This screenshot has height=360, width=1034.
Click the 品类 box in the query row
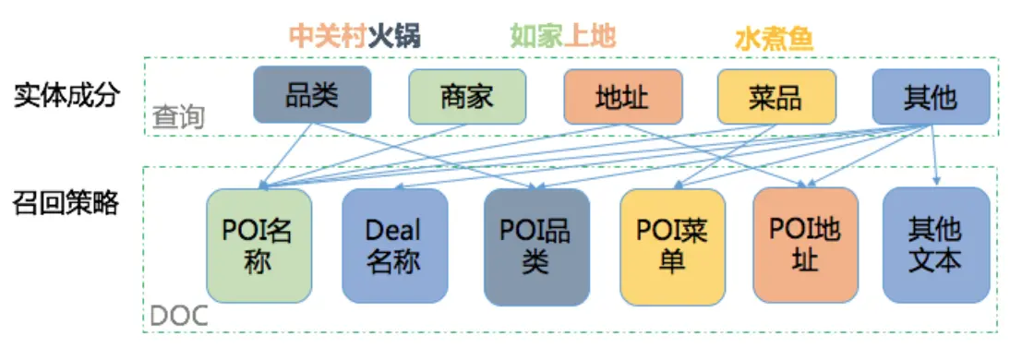[x=312, y=94]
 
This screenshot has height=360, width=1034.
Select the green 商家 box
[x=467, y=96]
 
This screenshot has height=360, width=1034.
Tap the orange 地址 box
[x=622, y=96]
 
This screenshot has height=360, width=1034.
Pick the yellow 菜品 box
[x=776, y=96]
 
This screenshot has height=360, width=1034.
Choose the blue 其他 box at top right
[x=931, y=96]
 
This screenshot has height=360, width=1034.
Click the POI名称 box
[x=258, y=246]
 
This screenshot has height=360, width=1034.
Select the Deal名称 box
[x=394, y=246]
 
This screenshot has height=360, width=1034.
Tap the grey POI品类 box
[x=535, y=246]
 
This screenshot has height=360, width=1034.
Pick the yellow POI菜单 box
[x=672, y=246]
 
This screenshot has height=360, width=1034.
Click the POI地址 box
[x=806, y=246]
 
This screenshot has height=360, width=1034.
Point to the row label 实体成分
[x=66, y=96]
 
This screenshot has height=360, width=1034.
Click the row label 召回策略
[x=66, y=203]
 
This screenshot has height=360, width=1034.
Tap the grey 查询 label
[x=178, y=118]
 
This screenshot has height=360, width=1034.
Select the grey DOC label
[x=179, y=316]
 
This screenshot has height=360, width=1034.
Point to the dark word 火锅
[x=394, y=36]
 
